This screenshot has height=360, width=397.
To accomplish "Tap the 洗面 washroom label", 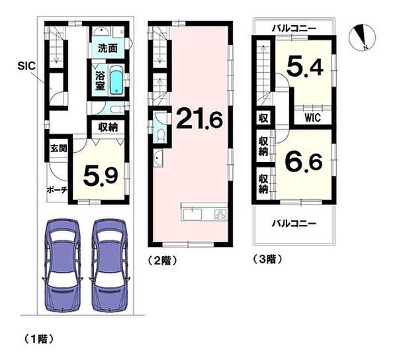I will tap(108, 48).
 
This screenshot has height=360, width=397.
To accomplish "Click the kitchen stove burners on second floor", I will tap(218, 214).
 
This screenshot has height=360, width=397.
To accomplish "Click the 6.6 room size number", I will tap(302, 161).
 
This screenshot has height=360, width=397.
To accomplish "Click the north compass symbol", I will tap(361, 36).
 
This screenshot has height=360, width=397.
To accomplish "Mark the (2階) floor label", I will tap(163, 260).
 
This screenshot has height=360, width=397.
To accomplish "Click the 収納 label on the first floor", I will tap(109, 127).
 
